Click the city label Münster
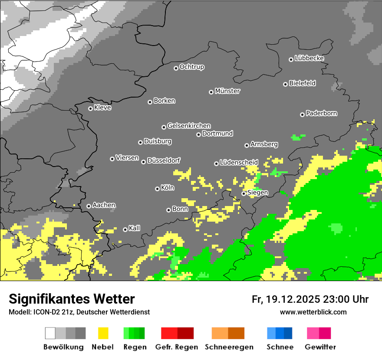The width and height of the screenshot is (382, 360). (x=227, y=91)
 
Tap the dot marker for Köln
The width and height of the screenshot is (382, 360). (x=157, y=189)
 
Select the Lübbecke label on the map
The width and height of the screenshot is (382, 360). (x=309, y=58)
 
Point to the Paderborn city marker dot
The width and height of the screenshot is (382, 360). (x=302, y=115)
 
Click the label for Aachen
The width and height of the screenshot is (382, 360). (x=104, y=205)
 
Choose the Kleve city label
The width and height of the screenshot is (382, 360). (x=102, y=108)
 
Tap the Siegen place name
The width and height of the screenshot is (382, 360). (x=257, y=193)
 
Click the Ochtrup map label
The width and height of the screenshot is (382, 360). (x=191, y=67)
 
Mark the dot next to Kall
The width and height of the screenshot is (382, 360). (x=125, y=229)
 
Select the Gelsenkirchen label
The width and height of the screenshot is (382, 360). (x=189, y=126)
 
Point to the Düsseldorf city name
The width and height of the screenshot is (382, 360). (x=164, y=160)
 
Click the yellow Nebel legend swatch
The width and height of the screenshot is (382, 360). (x=103, y=333)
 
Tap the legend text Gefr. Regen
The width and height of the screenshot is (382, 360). (x=176, y=347)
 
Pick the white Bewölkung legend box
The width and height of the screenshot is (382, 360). (x=50, y=333)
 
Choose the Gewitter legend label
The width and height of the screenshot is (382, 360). (x=320, y=347)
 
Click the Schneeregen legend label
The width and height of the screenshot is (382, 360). (x=228, y=347)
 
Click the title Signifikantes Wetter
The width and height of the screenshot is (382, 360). (x=72, y=299)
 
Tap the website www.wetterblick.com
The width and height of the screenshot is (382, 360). (x=313, y=312)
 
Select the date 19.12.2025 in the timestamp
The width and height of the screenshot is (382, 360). (x=292, y=299)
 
